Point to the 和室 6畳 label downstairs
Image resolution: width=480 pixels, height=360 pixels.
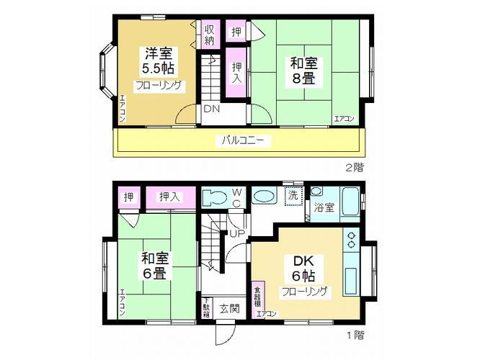154,265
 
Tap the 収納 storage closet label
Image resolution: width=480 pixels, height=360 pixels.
210,35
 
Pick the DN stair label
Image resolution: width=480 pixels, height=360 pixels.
211,109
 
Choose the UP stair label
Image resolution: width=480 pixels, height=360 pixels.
236,233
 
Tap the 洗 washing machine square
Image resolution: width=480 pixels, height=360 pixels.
293,196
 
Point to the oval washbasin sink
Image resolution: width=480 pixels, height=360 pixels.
264,197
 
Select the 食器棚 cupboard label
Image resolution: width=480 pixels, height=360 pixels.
257,297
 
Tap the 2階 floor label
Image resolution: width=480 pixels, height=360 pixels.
353,167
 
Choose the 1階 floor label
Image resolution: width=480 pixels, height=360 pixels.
353,335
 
